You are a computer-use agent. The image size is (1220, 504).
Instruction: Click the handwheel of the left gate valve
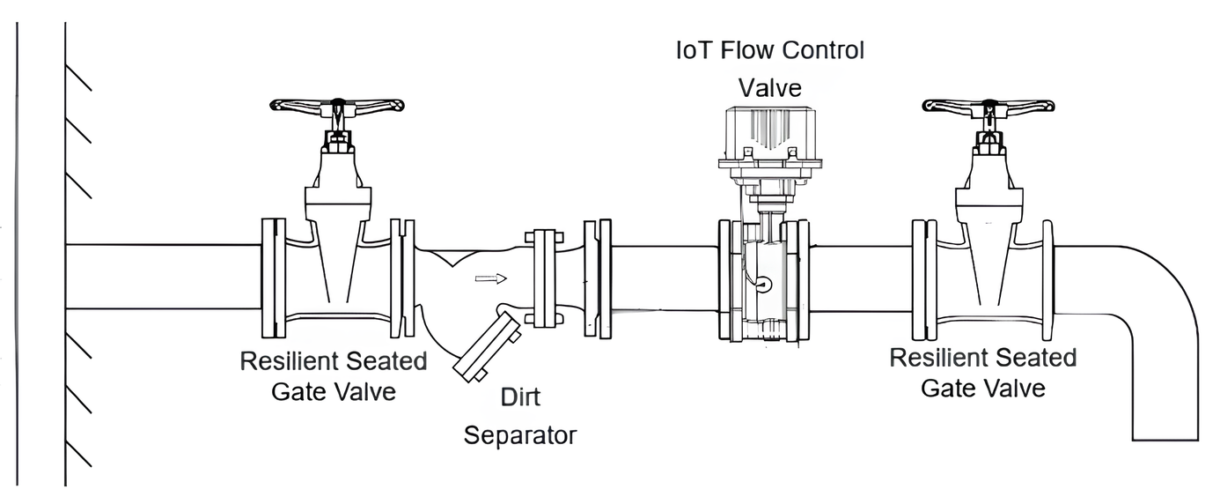tap(336, 105)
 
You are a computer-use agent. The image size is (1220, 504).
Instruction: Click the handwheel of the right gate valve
tap(988, 105)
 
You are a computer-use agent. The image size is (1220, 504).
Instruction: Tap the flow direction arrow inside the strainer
tap(491, 279)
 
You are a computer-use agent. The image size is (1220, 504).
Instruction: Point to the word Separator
tap(520, 434)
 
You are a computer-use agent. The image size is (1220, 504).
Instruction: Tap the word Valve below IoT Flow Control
tap(770, 87)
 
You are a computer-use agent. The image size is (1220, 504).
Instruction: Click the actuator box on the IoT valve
tap(770, 131)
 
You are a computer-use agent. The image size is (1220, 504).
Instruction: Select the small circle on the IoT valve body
tap(763, 284)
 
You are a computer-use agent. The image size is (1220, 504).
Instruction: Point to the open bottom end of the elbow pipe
tap(1165, 438)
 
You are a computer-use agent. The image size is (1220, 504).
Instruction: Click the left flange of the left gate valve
tap(274, 278)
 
